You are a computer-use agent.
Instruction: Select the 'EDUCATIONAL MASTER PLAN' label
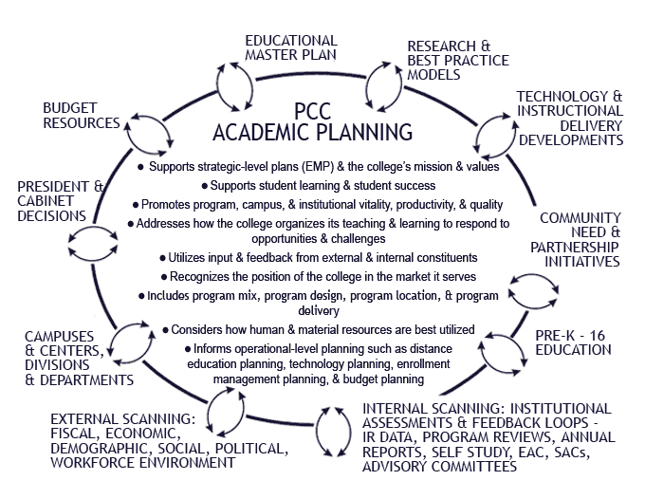pyautogui.click(x=290, y=47)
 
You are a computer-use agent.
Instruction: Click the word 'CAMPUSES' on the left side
pyautogui.click(x=58, y=336)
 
